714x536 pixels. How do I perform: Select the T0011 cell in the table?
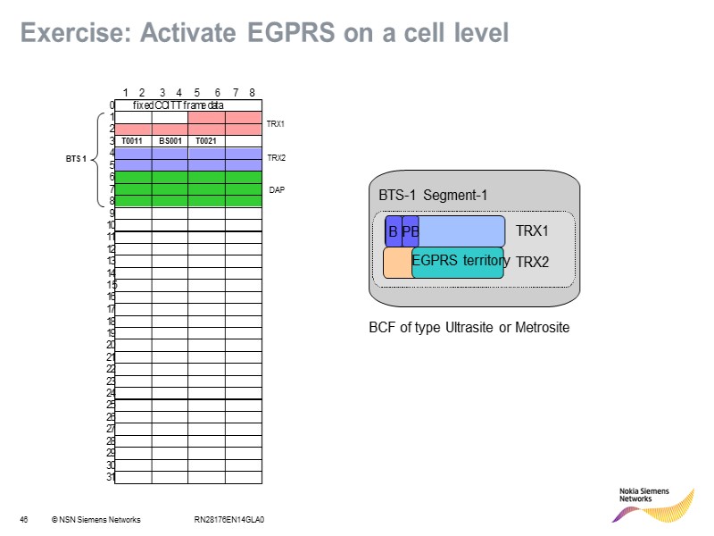133,140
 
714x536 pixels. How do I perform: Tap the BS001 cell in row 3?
170,140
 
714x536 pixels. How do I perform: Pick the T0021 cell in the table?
206,140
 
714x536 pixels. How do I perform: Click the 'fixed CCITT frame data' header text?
178,105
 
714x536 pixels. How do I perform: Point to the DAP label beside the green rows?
277,190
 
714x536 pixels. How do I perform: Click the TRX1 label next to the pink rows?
276,124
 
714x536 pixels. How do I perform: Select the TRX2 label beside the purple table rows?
276,157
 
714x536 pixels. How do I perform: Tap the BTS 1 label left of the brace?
77,159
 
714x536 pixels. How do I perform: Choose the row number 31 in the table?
111,477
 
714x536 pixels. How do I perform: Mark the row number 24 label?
111,393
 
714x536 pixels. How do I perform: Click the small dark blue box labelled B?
393,231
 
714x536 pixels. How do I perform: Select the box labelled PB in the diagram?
411,231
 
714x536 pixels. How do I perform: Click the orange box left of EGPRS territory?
396,263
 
